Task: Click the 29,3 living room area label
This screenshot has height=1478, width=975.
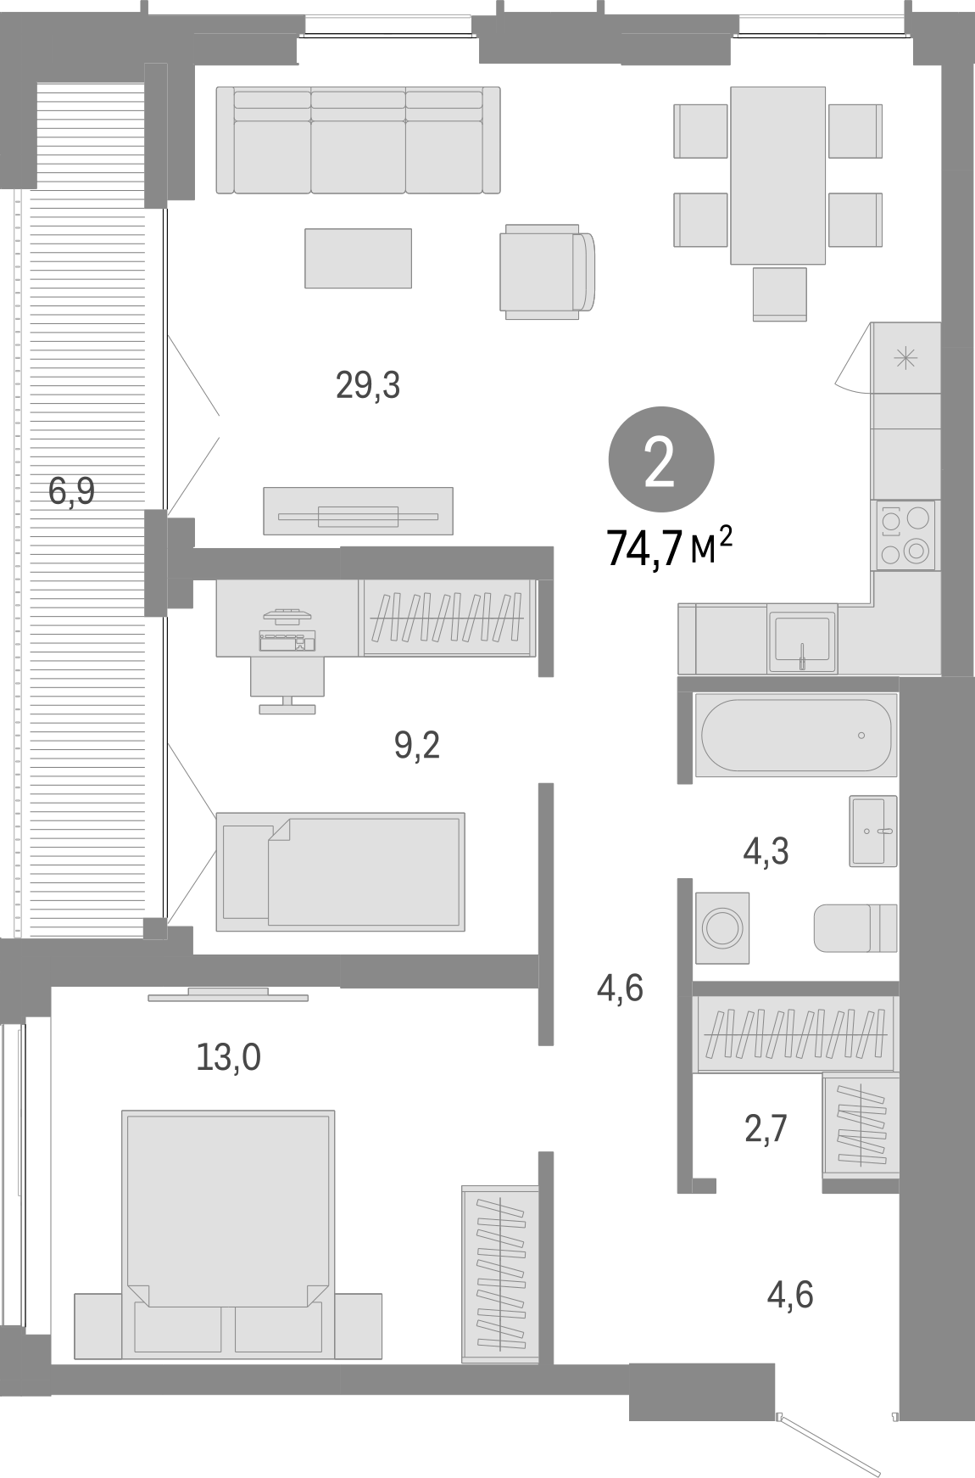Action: click(x=368, y=387)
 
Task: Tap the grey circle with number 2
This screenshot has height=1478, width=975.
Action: click(x=660, y=459)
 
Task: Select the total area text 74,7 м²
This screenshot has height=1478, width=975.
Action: click(x=669, y=547)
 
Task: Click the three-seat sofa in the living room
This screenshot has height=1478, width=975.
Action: click(x=358, y=141)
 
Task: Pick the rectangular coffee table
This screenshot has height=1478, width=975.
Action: click(x=358, y=258)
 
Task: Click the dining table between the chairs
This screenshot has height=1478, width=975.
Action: click(x=777, y=176)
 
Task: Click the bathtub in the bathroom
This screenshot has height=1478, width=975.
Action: click(x=795, y=735)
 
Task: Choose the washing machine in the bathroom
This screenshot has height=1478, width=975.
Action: click(x=722, y=927)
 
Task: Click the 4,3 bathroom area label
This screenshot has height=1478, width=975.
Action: click(x=766, y=851)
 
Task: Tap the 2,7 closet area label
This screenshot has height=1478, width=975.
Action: click(x=766, y=1128)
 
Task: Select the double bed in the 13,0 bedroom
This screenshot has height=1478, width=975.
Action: click(x=228, y=1235)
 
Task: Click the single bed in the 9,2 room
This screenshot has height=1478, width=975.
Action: click(x=340, y=871)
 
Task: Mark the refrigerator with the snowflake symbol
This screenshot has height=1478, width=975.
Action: click(x=905, y=358)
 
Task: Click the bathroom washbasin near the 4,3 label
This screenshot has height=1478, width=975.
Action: click(x=872, y=831)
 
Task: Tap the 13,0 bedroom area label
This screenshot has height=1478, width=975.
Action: click(x=227, y=1057)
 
